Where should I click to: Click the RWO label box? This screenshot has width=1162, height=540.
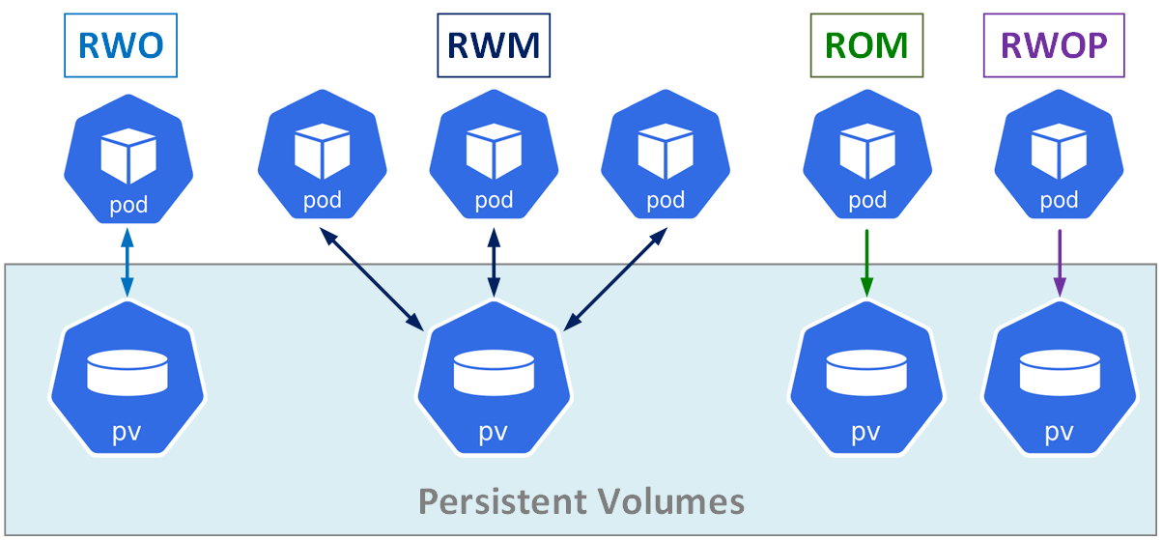pos(121,45)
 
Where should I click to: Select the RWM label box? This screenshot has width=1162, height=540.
pos(494,45)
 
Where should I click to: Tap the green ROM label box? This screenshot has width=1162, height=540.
pos(866,45)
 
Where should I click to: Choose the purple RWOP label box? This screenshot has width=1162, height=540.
pos(1054,45)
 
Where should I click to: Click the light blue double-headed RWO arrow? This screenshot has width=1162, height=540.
pos(128,263)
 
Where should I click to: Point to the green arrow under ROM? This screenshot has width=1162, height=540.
pos(866,263)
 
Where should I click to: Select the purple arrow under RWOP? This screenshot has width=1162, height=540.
pos(1060,263)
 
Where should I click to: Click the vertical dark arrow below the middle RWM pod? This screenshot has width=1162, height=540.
pos(494,263)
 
